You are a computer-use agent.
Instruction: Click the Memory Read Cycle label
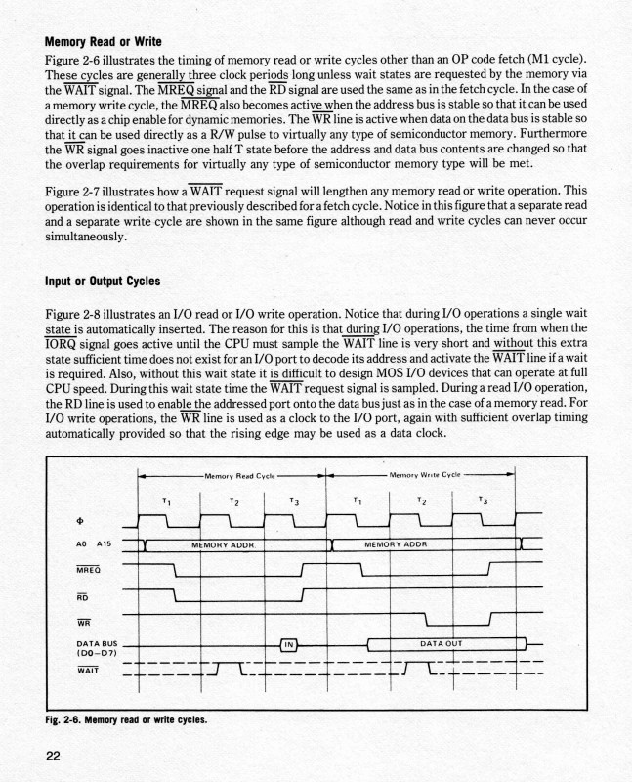[232, 475]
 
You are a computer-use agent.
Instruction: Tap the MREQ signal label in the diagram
[89, 568]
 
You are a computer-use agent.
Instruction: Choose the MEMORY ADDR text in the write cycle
[396, 543]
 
